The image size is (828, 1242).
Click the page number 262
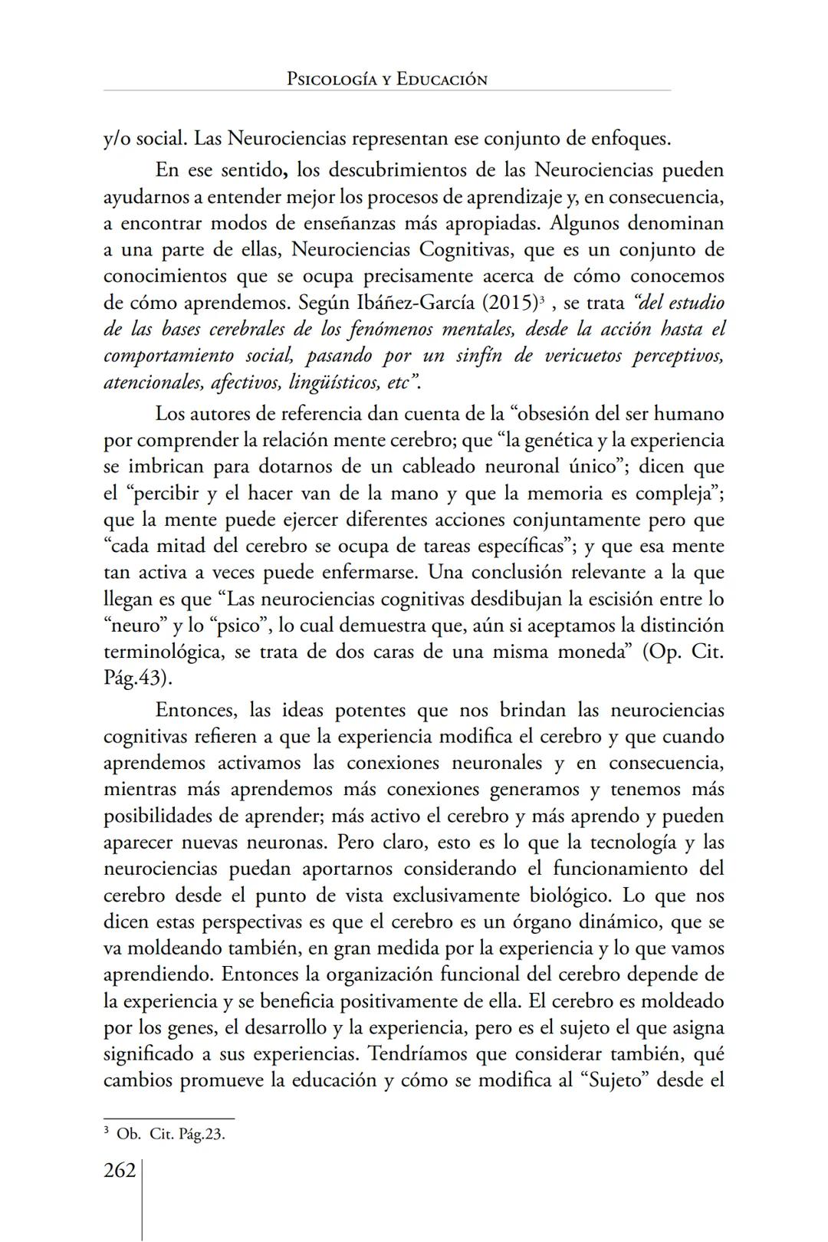coord(120,1171)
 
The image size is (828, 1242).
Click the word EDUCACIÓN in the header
coord(442,80)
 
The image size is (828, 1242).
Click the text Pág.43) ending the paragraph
coord(138,679)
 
